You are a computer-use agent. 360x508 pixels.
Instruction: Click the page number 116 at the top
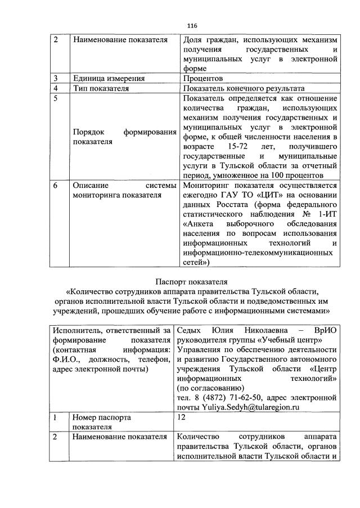(192, 25)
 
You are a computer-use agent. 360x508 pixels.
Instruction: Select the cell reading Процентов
(202, 78)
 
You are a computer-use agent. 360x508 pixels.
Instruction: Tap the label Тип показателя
(101, 88)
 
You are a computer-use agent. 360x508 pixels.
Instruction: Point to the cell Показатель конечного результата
(244, 88)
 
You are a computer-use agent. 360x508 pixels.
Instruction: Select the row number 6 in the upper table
(56, 185)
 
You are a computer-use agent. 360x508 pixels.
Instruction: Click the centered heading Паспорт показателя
(191, 281)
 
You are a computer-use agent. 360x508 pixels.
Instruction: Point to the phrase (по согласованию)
(211, 388)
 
